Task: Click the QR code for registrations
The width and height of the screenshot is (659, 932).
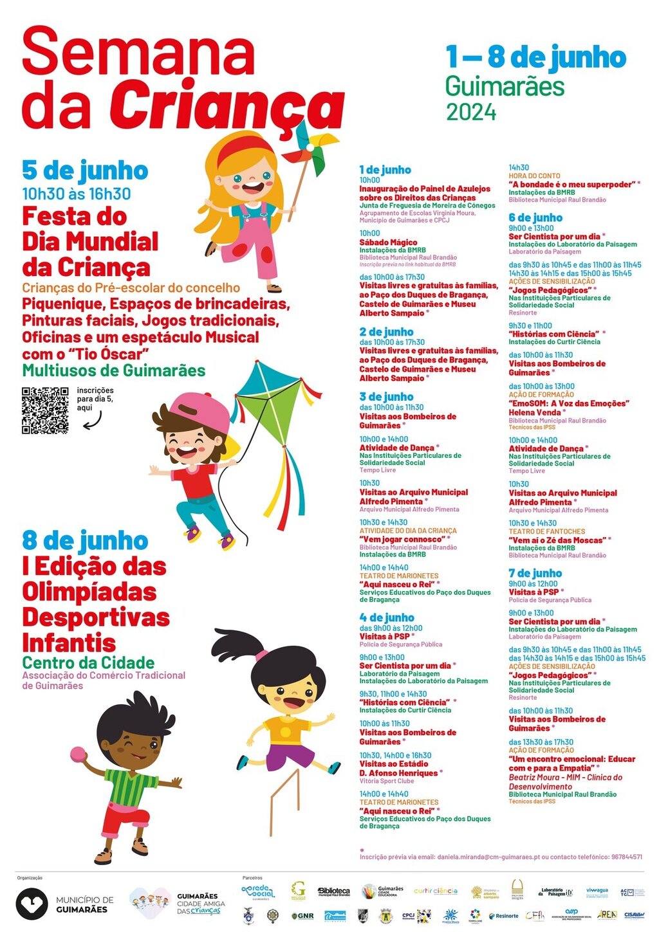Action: click(45, 410)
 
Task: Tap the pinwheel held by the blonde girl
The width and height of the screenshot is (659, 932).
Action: click(310, 148)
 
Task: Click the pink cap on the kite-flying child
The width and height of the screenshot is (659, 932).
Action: click(201, 412)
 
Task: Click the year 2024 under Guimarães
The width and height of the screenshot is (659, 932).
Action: click(471, 113)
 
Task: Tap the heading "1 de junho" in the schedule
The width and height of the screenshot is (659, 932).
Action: click(385, 170)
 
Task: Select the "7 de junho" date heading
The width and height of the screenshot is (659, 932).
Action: click(535, 573)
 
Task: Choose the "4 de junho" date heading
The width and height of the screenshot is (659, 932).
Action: click(386, 617)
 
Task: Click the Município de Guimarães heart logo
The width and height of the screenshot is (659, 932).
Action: click(32, 904)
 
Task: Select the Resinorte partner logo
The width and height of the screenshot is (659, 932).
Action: click(503, 915)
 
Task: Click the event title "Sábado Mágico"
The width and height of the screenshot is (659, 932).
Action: click(388, 242)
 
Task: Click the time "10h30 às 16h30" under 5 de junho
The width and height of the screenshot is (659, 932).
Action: click(76, 194)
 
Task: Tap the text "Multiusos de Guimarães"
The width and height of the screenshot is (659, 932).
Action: click(114, 370)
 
